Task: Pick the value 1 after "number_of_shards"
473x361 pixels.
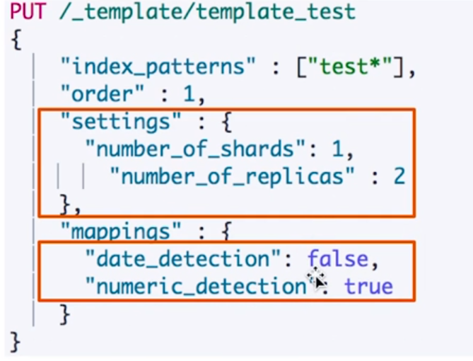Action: (340, 149)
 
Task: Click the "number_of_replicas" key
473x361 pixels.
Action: (230, 176)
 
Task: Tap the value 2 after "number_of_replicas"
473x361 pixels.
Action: (399, 176)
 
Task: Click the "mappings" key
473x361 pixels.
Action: (115, 231)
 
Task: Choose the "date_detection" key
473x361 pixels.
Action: (182, 260)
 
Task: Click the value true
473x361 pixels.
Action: (368, 287)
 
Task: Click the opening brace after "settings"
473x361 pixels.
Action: (224, 122)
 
